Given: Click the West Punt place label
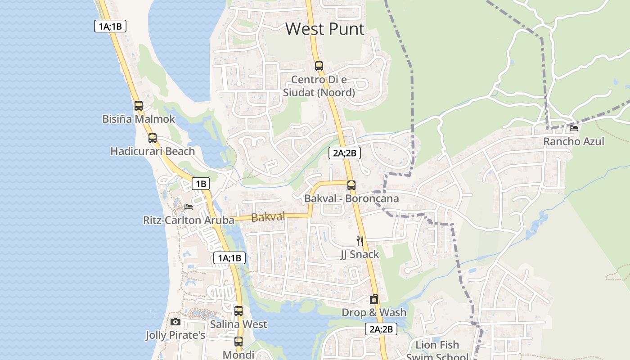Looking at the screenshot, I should [x=325, y=29].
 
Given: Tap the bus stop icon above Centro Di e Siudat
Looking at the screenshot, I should [x=319, y=66].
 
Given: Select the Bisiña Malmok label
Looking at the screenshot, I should [x=139, y=119].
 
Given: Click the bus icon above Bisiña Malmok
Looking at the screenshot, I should [x=139, y=106].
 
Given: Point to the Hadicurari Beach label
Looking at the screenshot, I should [x=153, y=151].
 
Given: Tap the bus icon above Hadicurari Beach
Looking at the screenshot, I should [x=153, y=138].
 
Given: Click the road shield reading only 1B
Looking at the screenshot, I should [x=201, y=184].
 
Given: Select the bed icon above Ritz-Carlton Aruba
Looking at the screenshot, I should [x=189, y=207].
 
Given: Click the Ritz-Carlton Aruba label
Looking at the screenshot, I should [x=189, y=220].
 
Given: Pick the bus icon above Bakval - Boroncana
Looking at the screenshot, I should [x=351, y=185].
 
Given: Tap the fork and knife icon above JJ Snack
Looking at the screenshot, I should [x=360, y=241].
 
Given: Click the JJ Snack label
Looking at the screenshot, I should [x=360, y=254].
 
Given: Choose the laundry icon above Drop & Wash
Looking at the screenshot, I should [x=373, y=299].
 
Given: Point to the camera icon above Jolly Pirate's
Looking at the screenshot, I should [x=175, y=322].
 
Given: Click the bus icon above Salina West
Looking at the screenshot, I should [x=238, y=311].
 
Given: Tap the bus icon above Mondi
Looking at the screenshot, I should [x=238, y=342].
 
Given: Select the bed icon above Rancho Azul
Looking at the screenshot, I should [x=574, y=128].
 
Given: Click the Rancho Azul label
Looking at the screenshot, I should [x=574, y=142].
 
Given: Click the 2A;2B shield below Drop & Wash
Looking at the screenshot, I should [x=381, y=329].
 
